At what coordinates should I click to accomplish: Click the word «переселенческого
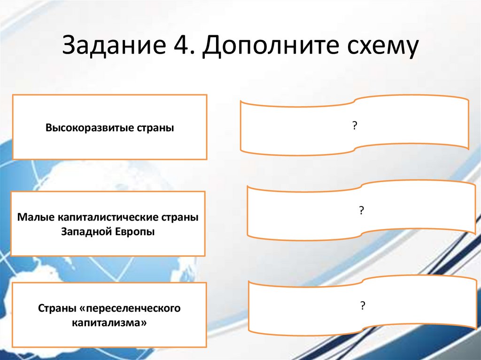(131, 309)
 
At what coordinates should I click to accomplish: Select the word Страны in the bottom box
(55, 309)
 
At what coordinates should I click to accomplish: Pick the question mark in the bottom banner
(363, 306)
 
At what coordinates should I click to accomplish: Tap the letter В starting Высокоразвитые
(48, 128)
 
